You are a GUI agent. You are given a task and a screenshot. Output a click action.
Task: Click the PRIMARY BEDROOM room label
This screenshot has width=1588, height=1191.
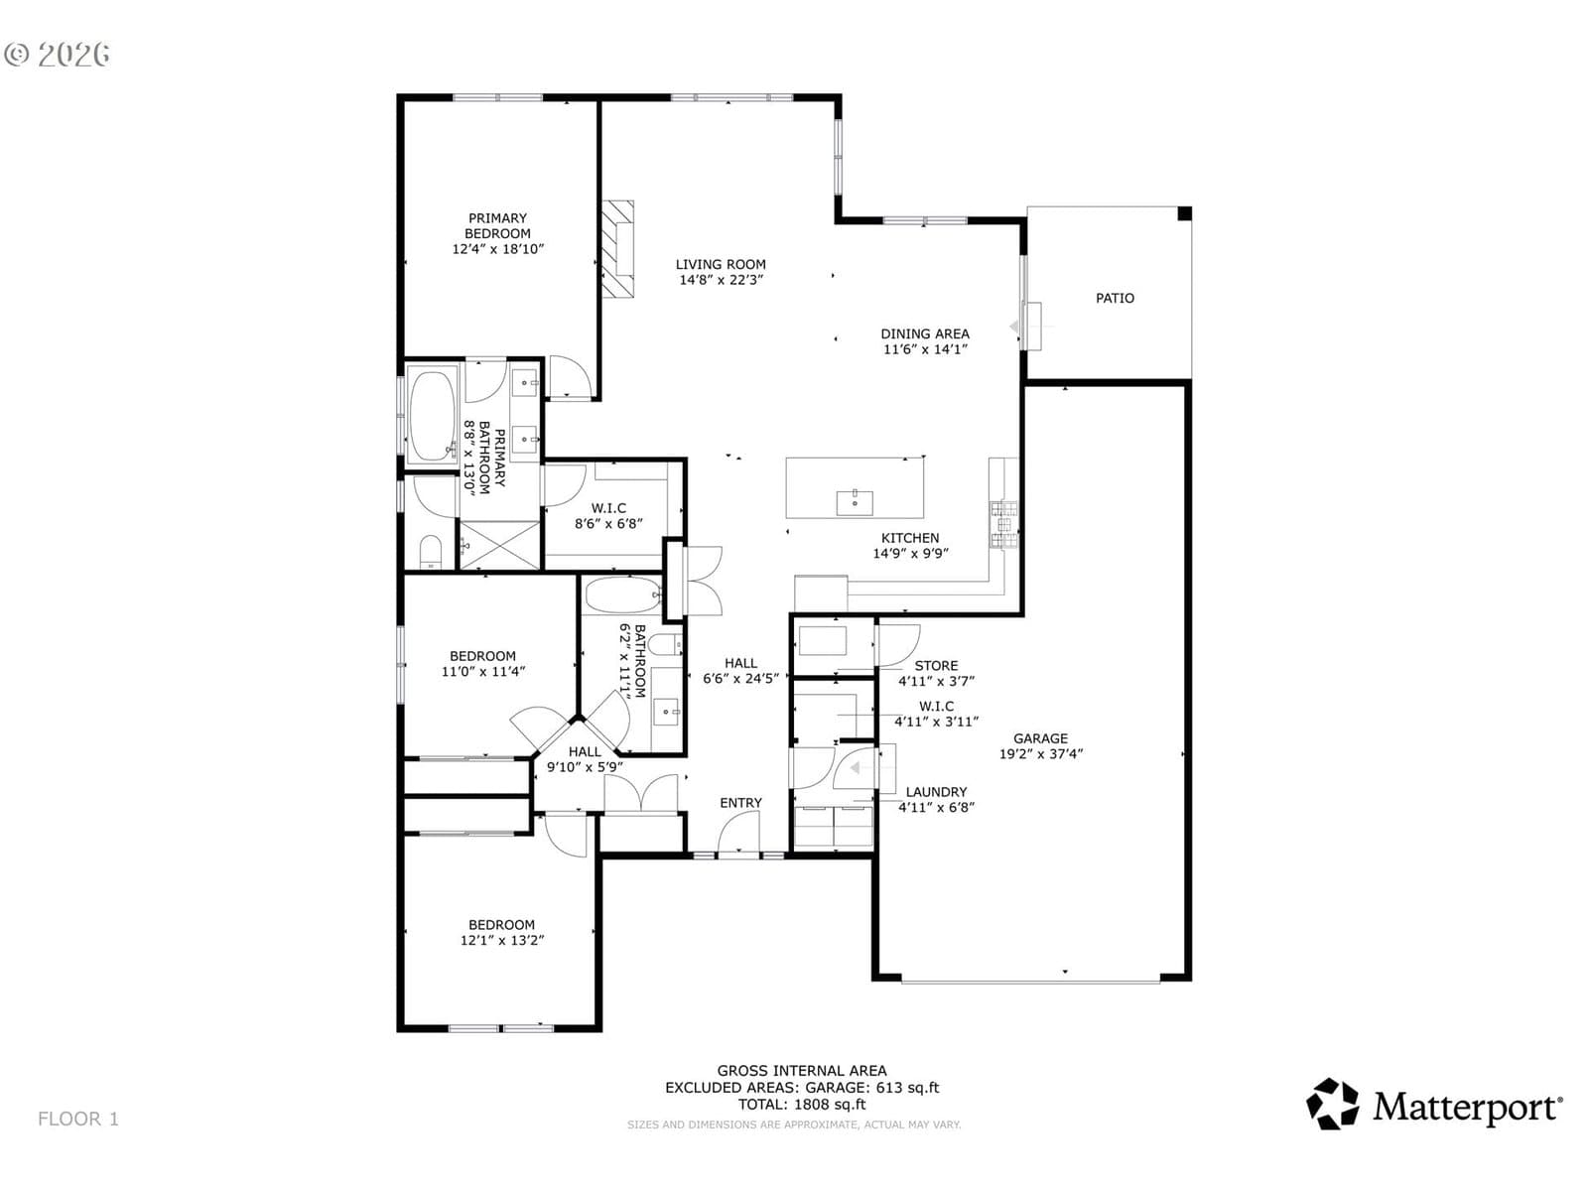(x=497, y=225)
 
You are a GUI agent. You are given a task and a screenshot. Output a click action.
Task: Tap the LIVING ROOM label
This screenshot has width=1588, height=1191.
(x=720, y=265)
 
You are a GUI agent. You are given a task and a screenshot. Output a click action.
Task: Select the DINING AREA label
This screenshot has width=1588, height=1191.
(x=925, y=333)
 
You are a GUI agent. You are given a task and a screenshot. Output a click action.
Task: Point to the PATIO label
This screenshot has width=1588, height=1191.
(x=1115, y=298)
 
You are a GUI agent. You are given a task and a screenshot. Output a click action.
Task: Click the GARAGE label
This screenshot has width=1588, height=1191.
(x=1040, y=738)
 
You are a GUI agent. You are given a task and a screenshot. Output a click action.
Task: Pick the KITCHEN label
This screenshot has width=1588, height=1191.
(x=910, y=538)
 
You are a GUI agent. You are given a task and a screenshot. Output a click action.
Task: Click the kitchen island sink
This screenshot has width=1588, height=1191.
(x=855, y=501)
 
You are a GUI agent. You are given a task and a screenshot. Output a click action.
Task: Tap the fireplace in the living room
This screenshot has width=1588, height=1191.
(x=618, y=248)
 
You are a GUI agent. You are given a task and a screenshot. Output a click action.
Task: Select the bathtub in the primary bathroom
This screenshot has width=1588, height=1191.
(x=433, y=416)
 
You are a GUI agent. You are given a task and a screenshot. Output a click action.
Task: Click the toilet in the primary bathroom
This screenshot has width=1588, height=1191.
(x=431, y=553)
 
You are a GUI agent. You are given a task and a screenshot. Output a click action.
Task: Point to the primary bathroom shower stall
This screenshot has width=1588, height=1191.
(x=500, y=545)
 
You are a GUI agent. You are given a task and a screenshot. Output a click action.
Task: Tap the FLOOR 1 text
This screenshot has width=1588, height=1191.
(x=78, y=1119)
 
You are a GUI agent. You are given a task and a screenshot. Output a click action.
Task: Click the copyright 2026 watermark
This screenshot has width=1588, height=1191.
(x=57, y=55)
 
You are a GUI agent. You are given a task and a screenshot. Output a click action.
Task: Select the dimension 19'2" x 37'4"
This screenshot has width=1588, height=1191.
(x=1040, y=754)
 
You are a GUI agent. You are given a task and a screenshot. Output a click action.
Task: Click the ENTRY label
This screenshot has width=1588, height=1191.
(x=740, y=803)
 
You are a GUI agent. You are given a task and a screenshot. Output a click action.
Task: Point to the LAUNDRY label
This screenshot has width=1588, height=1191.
(x=936, y=792)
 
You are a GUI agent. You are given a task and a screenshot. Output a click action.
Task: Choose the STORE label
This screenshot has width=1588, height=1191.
(x=936, y=665)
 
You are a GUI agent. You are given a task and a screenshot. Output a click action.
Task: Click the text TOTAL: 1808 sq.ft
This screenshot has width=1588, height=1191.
(x=802, y=1105)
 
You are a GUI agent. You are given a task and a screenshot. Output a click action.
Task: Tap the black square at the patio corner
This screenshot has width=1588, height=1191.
(x=1184, y=212)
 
